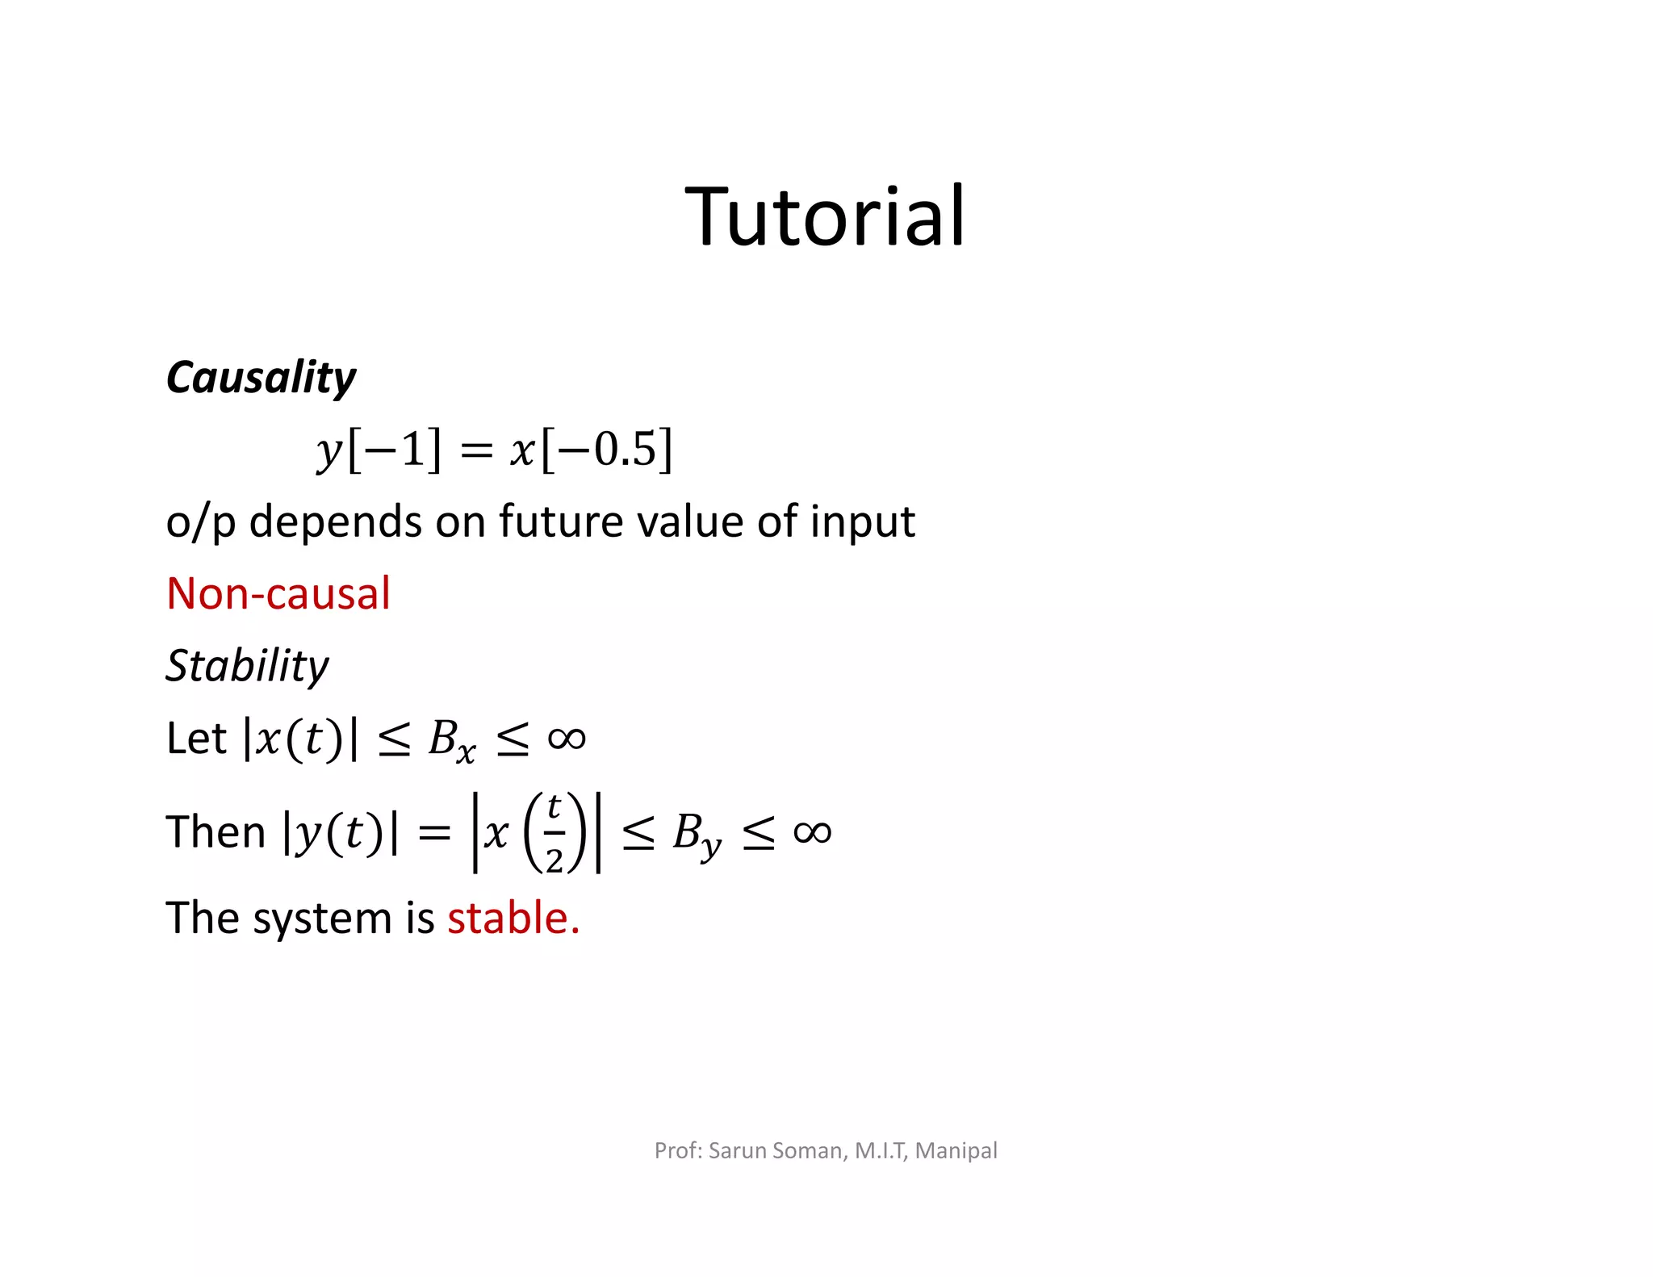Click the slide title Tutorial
coord(825,216)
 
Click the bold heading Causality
coord(260,378)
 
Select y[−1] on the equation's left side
coord(379,450)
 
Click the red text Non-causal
coord(278,594)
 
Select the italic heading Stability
coord(247,667)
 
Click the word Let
coord(196,738)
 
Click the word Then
coord(216,832)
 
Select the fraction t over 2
coord(554,833)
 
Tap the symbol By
coord(697,835)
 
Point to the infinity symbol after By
coord(812,832)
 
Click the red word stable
coord(513,919)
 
